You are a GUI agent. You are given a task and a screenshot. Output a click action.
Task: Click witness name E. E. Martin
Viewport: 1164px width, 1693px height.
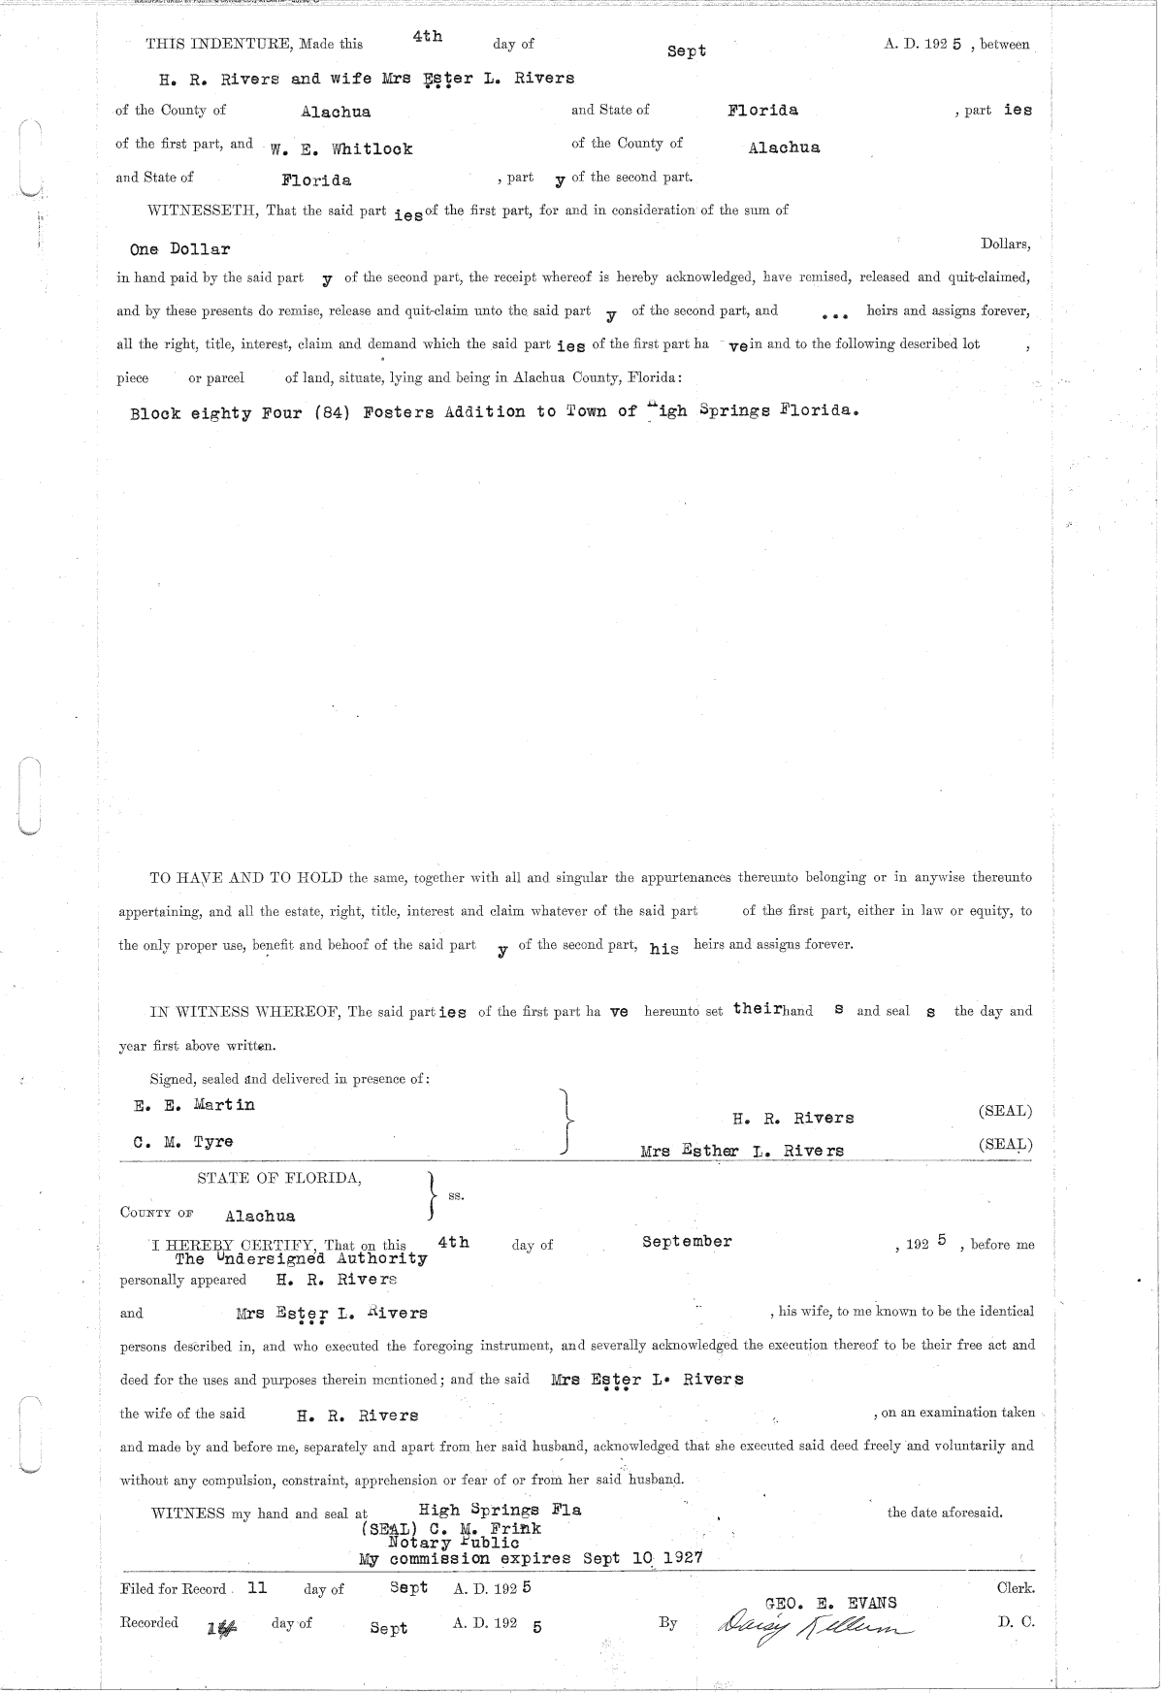[x=194, y=1105]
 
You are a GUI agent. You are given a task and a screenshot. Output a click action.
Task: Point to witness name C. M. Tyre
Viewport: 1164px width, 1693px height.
[x=183, y=1142]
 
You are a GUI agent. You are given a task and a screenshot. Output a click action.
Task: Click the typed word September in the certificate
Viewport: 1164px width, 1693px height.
[x=687, y=1241]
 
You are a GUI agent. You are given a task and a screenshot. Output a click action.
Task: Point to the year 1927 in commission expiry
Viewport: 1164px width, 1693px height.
[x=679, y=1558]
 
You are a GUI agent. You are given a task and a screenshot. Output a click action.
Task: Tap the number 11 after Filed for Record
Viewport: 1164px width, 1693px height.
[x=257, y=1588]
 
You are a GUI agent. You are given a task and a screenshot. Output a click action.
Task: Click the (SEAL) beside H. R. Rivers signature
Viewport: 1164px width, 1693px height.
[x=1005, y=1111]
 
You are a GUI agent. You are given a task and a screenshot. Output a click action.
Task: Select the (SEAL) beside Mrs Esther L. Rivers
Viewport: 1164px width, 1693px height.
[x=1005, y=1145]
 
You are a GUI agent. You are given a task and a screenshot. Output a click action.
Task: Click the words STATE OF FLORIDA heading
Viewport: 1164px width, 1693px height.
[x=279, y=1179]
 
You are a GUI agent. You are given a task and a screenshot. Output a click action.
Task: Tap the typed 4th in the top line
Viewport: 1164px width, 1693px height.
[x=427, y=36]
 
